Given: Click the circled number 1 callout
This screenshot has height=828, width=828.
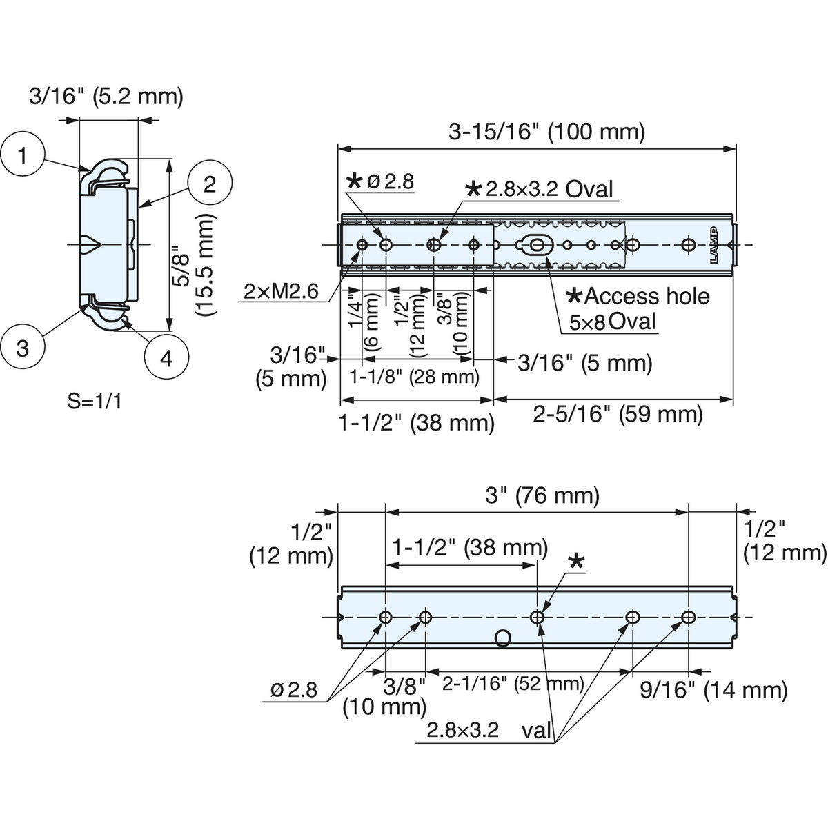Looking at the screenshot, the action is click(22, 155).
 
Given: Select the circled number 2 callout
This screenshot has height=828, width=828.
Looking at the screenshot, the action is click(210, 185).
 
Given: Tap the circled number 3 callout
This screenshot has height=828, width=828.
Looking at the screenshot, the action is click(22, 347).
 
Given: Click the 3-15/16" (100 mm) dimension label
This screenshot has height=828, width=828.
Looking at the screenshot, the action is click(546, 132).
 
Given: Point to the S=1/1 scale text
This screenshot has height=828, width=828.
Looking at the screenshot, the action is click(95, 402).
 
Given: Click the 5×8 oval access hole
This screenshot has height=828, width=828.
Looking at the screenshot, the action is click(537, 245).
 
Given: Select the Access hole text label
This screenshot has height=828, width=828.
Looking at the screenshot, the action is click(638, 296).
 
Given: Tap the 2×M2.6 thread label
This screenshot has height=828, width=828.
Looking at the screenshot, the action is click(281, 292).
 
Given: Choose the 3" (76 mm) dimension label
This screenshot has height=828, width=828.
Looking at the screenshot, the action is click(542, 496).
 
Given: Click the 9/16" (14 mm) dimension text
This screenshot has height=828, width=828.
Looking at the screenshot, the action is click(713, 690).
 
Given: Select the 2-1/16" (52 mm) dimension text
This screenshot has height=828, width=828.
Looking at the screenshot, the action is click(513, 683).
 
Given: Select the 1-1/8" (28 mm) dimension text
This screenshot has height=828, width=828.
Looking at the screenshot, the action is click(414, 377).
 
